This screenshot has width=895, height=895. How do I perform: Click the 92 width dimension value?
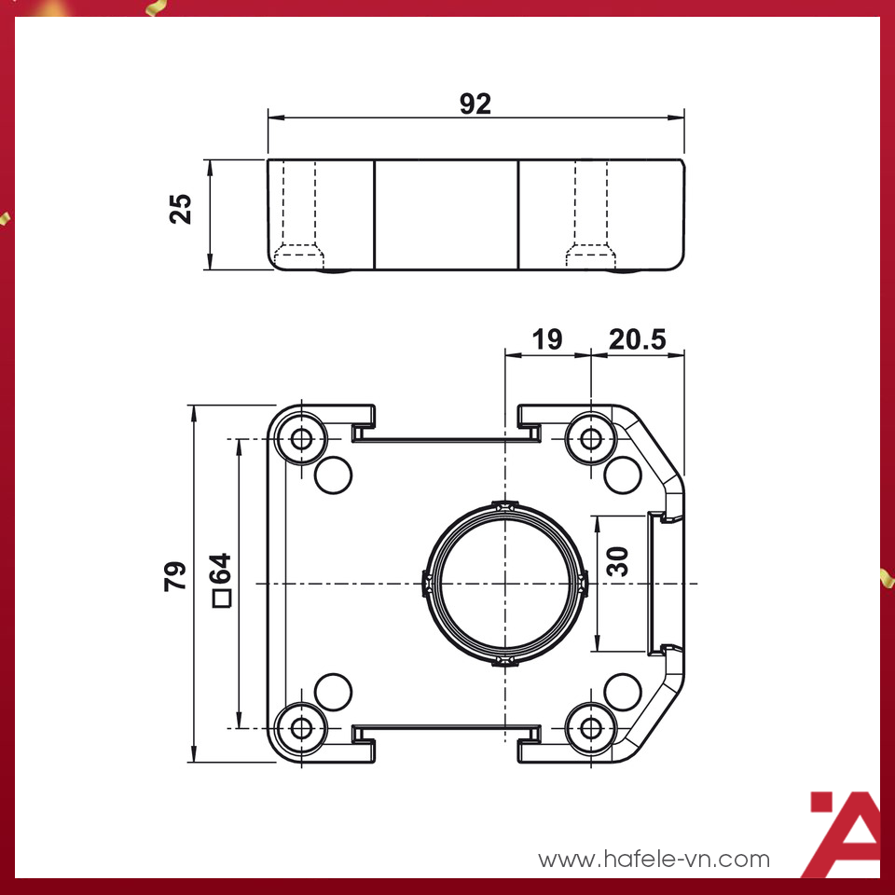(475, 103)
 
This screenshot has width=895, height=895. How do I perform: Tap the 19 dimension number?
(547, 339)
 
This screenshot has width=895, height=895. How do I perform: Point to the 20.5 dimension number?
(638, 339)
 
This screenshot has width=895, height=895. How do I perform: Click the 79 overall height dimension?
(174, 576)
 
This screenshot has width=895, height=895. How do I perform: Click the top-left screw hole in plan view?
(301, 438)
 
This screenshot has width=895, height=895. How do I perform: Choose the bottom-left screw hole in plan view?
(301, 727)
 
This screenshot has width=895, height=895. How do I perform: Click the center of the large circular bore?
(504, 584)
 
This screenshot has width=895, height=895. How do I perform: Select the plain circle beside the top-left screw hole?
(334, 475)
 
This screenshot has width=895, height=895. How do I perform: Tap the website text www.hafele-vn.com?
(654, 859)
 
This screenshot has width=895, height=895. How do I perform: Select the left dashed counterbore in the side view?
(300, 214)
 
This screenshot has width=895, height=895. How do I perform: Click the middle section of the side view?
(446, 214)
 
